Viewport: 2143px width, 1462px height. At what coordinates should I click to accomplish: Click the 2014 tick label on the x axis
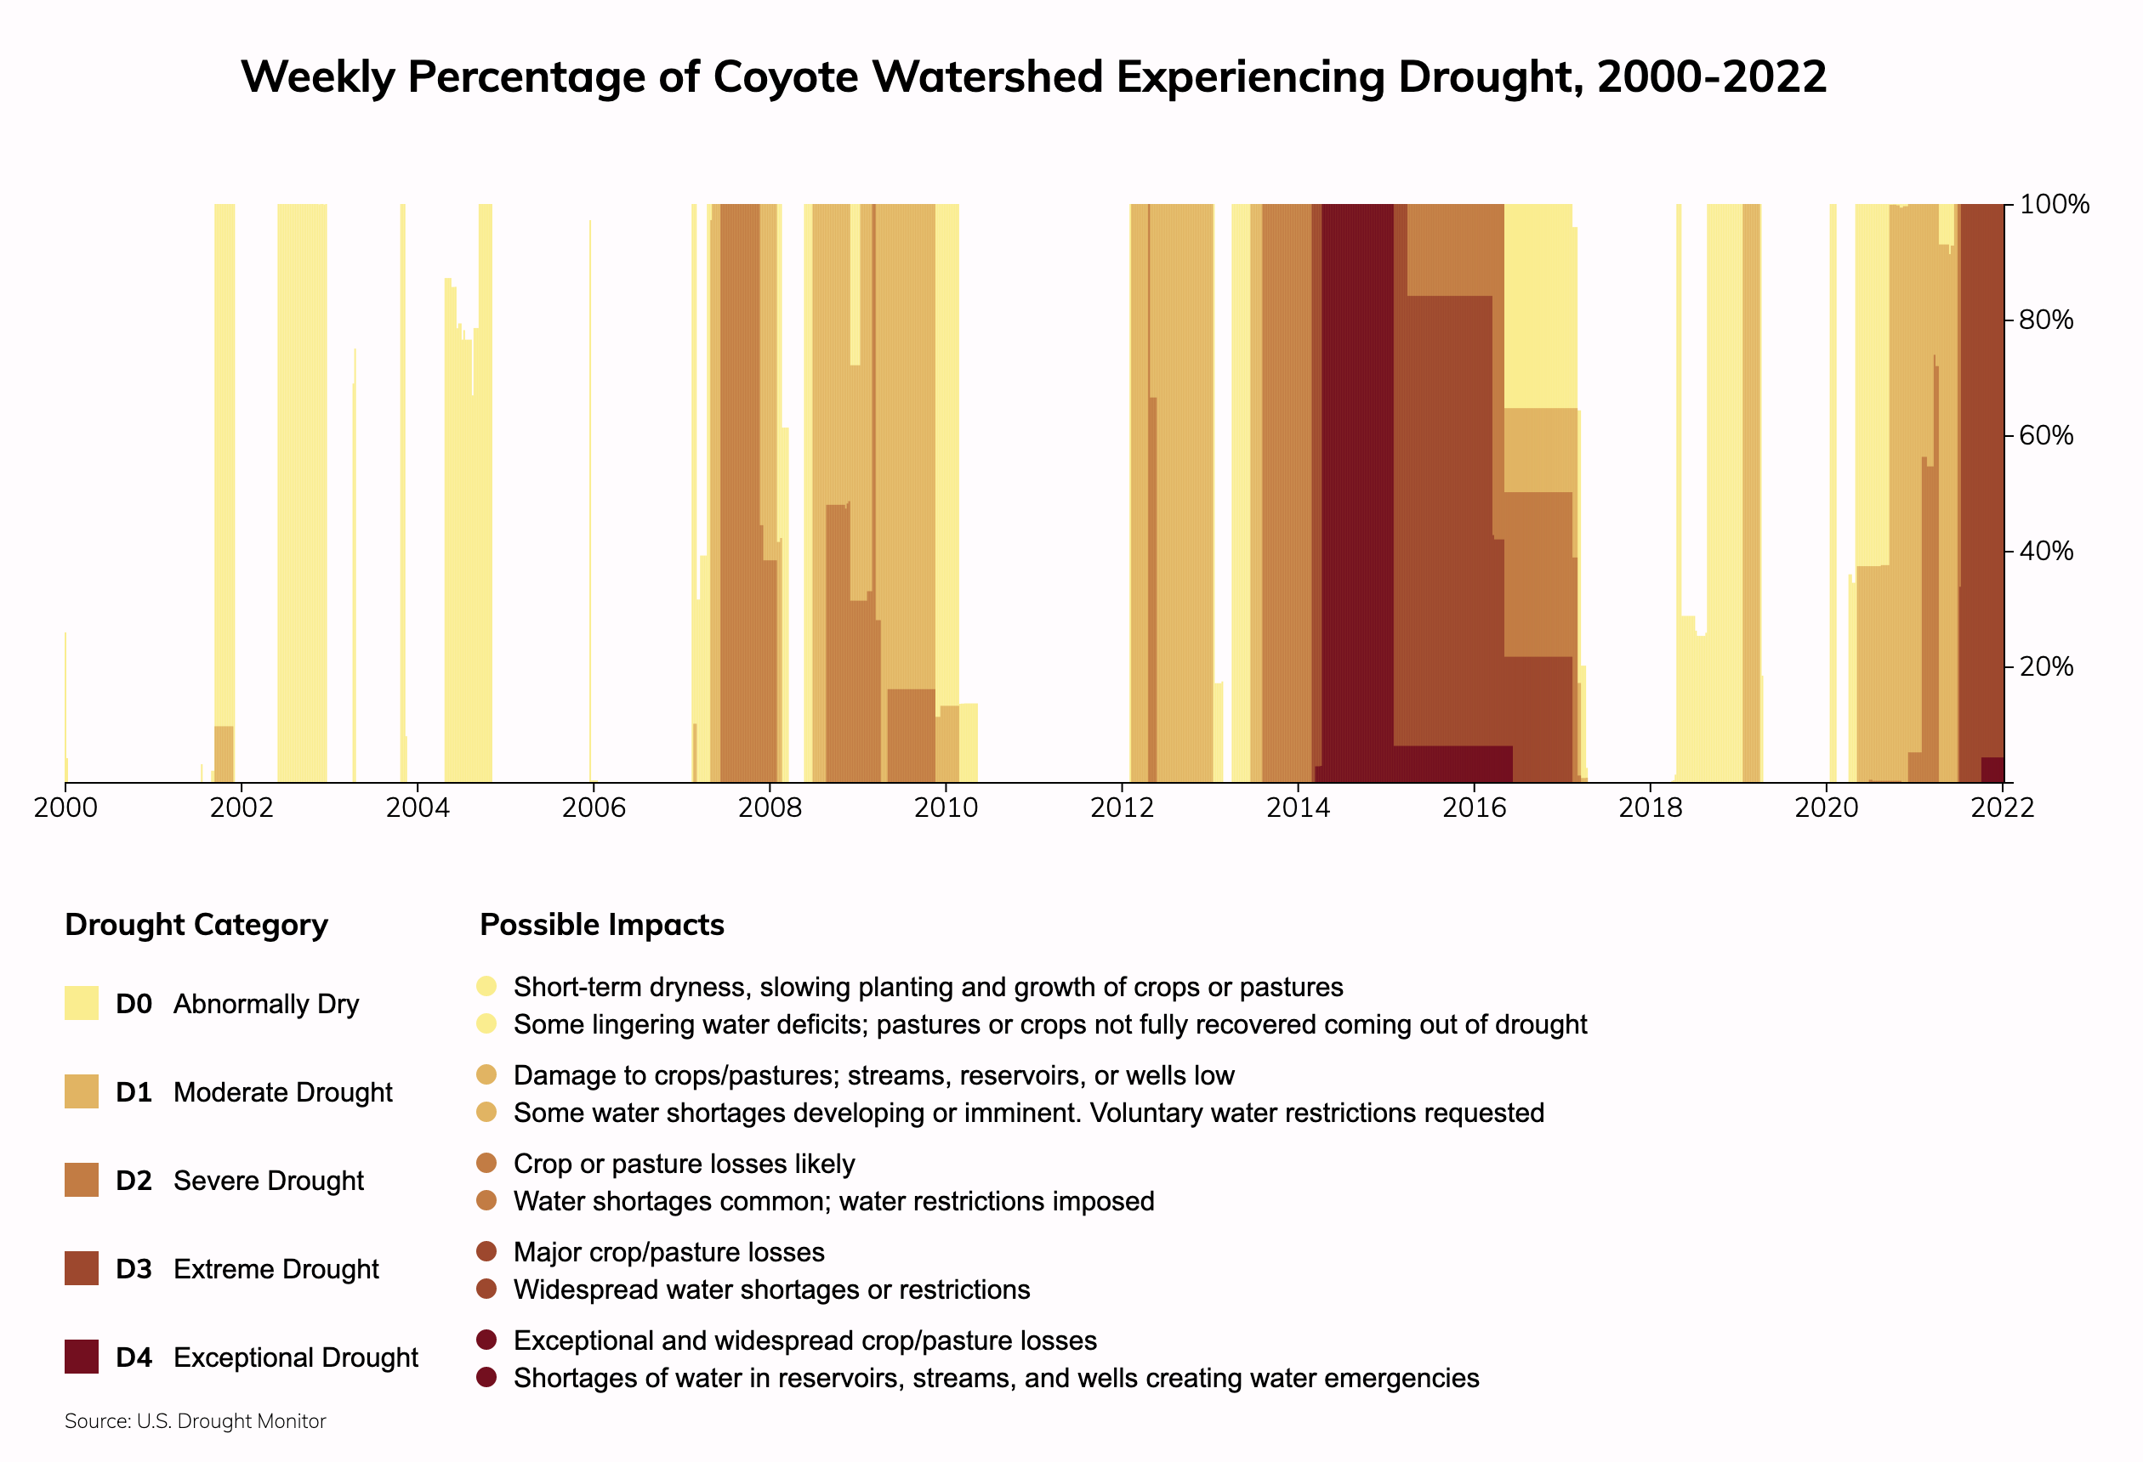click(x=1298, y=808)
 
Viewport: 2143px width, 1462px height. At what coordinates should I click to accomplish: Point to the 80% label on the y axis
click(x=2045, y=320)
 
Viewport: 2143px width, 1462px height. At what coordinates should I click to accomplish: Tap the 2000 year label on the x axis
click(x=65, y=808)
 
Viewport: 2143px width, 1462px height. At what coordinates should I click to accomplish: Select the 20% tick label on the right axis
click(x=2045, y=666)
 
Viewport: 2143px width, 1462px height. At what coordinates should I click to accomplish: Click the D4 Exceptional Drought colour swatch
click(x=81, y=1357)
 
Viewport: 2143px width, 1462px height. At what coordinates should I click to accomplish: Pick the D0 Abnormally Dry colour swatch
click(x=81, y=1003)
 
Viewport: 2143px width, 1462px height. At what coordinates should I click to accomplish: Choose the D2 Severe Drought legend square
click(x=81, y=1180)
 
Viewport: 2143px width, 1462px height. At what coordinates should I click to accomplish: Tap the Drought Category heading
click(x=196, y=925)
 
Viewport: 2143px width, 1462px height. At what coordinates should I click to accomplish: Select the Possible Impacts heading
click(x=601, y=925)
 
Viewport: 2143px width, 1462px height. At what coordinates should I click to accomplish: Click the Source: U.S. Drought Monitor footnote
click(x=195, y=1421)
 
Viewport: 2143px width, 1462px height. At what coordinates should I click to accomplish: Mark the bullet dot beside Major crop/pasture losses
click(x=487, y=1251)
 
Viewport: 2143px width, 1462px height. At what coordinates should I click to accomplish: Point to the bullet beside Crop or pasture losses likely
click(x=487, y=1163)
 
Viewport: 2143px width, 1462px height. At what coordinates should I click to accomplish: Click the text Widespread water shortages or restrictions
click(x=771, y=1289)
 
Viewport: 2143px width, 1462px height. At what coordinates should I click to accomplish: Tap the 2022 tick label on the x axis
click(x=2002, y=808)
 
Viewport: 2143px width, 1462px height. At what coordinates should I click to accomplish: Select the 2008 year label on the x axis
click(x=769, y=808)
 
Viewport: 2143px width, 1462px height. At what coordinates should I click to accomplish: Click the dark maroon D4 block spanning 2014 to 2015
click(x=1357, y=489)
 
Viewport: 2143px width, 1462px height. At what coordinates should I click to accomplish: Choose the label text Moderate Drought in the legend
click(x=282, y=1092)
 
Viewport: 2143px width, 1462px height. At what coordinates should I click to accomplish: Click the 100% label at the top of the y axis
click(x=2054, y=205)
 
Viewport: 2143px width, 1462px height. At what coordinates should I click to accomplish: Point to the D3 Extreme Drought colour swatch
click(x=81, y=1268)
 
